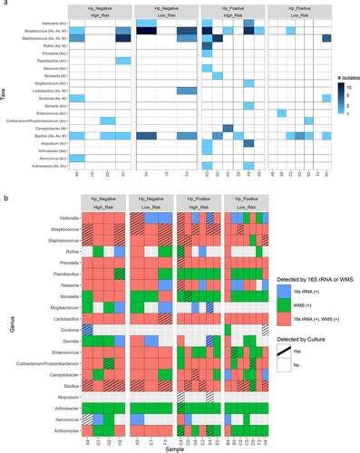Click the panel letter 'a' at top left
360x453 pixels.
coord(4,5)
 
